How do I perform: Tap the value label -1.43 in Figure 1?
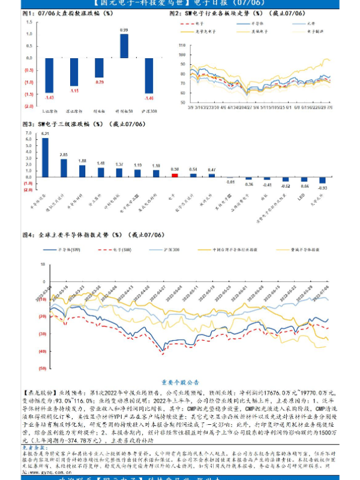pos(49,97)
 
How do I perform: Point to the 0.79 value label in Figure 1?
pos(100,82)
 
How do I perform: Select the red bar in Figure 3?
pos(175,175)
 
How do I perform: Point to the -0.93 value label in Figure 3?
pos(322,188)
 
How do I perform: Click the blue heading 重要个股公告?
pos(180,381)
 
